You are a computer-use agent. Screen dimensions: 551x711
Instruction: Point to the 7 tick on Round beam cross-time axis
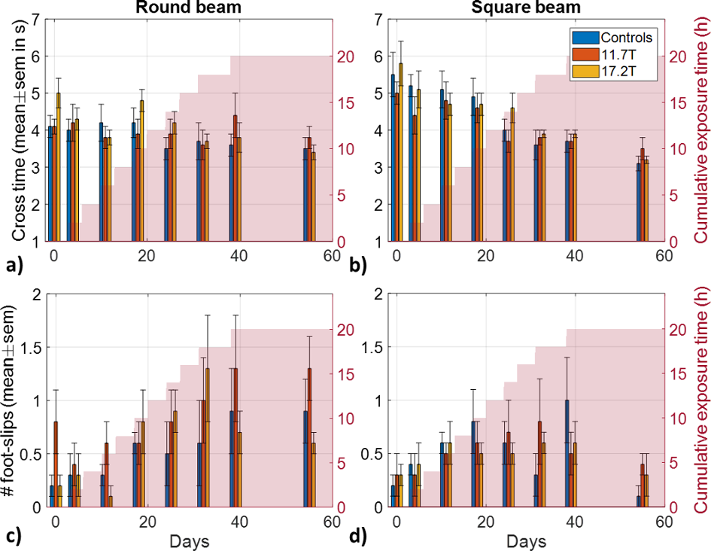point(35,19)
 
